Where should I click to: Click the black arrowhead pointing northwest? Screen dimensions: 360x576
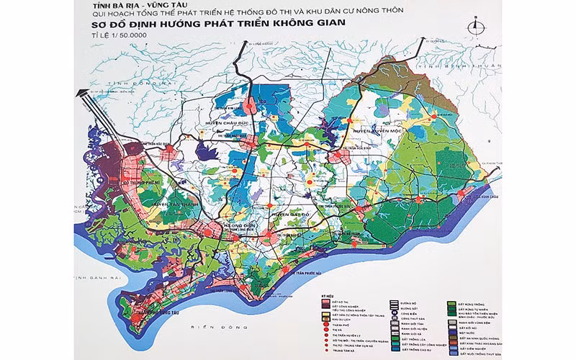tap(81, 93)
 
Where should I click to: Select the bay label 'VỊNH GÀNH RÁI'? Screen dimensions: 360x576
tap(102, 277)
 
